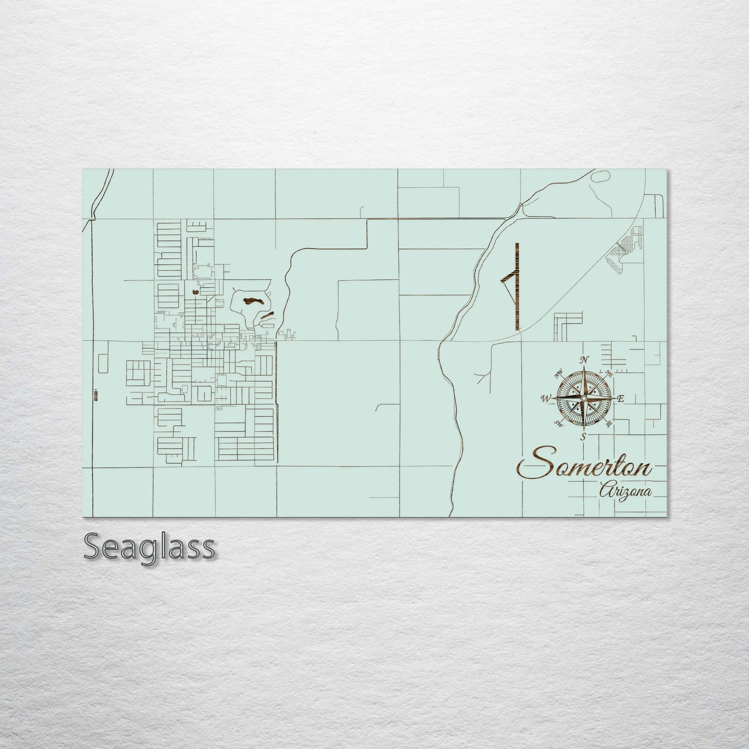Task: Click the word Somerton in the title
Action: (584, 465)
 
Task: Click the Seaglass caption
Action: (149, 547)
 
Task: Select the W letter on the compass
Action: (545, 399)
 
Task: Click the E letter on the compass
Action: (621, 398)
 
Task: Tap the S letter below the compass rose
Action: (584, 436)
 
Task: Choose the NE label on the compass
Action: (609, 373)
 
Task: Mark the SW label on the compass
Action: (559, 423)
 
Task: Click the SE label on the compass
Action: (609, 423)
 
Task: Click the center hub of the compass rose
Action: (584, 398)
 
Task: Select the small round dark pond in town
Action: (195, 293)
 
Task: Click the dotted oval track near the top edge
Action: (600, 176)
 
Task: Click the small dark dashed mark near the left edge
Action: (96, 395)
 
